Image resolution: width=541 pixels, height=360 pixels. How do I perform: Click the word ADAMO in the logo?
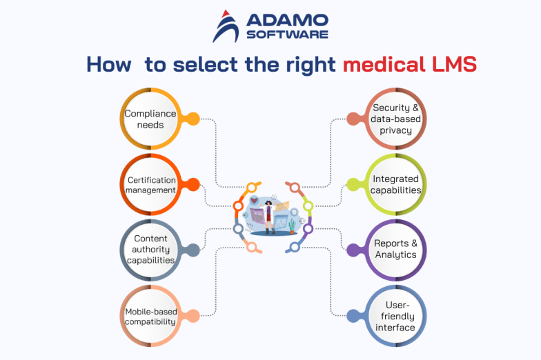(x=285, y=20)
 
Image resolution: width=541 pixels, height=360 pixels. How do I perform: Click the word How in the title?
(x=108, y=65)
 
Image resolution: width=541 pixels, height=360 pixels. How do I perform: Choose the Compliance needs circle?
(x=150, y=119)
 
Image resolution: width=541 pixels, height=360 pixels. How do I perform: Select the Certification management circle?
(x=150, y=185)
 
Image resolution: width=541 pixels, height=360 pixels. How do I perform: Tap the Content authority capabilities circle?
(x=150, y=250)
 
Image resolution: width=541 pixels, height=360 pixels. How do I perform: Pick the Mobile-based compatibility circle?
(x=150, y=316)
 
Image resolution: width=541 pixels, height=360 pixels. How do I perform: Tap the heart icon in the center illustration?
(x=254, y=201)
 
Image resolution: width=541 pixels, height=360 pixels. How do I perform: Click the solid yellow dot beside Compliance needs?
(x=193, y=119)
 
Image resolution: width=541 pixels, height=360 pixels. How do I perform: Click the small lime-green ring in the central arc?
(x=307, y=205)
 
